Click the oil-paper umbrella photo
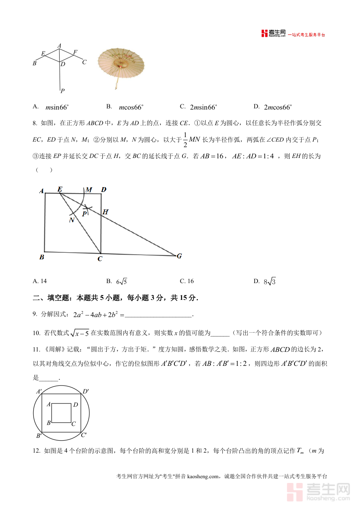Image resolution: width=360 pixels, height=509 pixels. click(x=121, y=64)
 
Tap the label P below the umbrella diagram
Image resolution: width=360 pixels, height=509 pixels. click(x=62, y=91)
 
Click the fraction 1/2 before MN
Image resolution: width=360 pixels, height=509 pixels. click(x=185, y=139)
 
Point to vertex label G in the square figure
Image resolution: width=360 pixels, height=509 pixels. click(x=179, y=256)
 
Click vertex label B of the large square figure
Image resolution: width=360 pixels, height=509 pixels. click(x=42, y=257)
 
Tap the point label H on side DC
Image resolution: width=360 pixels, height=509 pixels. click(x=106, y=212)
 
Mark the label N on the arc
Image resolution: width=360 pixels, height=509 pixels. click(x=72, y=220)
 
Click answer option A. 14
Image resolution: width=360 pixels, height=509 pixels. click(x=40, y=281)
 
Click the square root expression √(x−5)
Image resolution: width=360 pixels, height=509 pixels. click(x=80, y=333)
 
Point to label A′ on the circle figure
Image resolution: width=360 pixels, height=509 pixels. click(x=39, y=391)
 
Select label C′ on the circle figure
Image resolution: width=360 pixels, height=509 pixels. click(x=84, y=435)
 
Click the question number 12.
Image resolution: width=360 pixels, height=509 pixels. click(x=36, y=451)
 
